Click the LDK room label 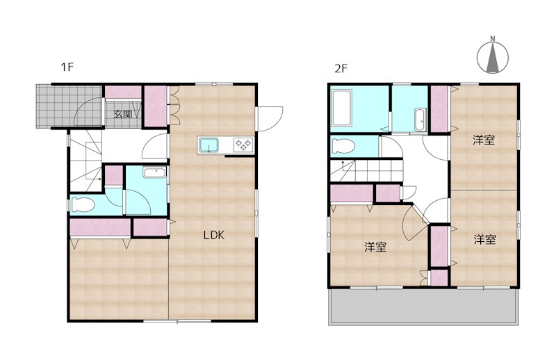click(214, 235)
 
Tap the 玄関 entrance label click(123, 114)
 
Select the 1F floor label click(67, 67)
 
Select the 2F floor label click(341, 68)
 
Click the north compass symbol click(493, 56)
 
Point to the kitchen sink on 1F click(208, 145)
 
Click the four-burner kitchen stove click(244, 145)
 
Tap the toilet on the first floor click(83, 205)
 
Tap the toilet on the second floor click(343, 146)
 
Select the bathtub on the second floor click(341, 108)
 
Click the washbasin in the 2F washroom click(420, 120)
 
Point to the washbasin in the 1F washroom click(154, 173)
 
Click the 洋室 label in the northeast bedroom click(484, 140)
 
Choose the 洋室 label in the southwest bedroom click(375, 247)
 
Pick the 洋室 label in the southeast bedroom click(484, 240)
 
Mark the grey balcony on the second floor click(424, 305)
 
